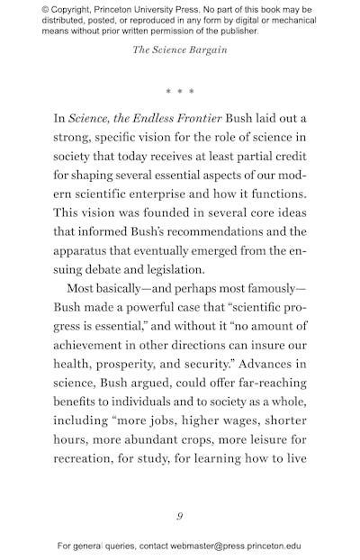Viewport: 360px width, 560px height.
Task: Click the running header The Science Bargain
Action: click(x=180, y=50)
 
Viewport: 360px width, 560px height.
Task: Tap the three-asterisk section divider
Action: click(x=180, y=92)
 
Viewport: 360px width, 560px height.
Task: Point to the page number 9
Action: click(x=180, y=516)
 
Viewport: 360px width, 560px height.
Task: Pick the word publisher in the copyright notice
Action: click(x=233, y=32)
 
